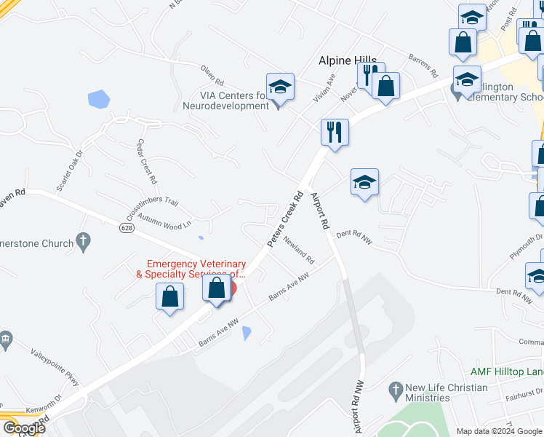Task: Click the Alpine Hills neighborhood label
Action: (x=348, y=61)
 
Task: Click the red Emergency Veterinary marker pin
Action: (x=231, y=288)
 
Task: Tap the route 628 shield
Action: (x=127, y=228)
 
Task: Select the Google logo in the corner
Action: (x=24, y=428)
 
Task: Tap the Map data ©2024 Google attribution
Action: (x=498, y=431)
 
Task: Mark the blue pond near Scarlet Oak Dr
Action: (x=98, y=99)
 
